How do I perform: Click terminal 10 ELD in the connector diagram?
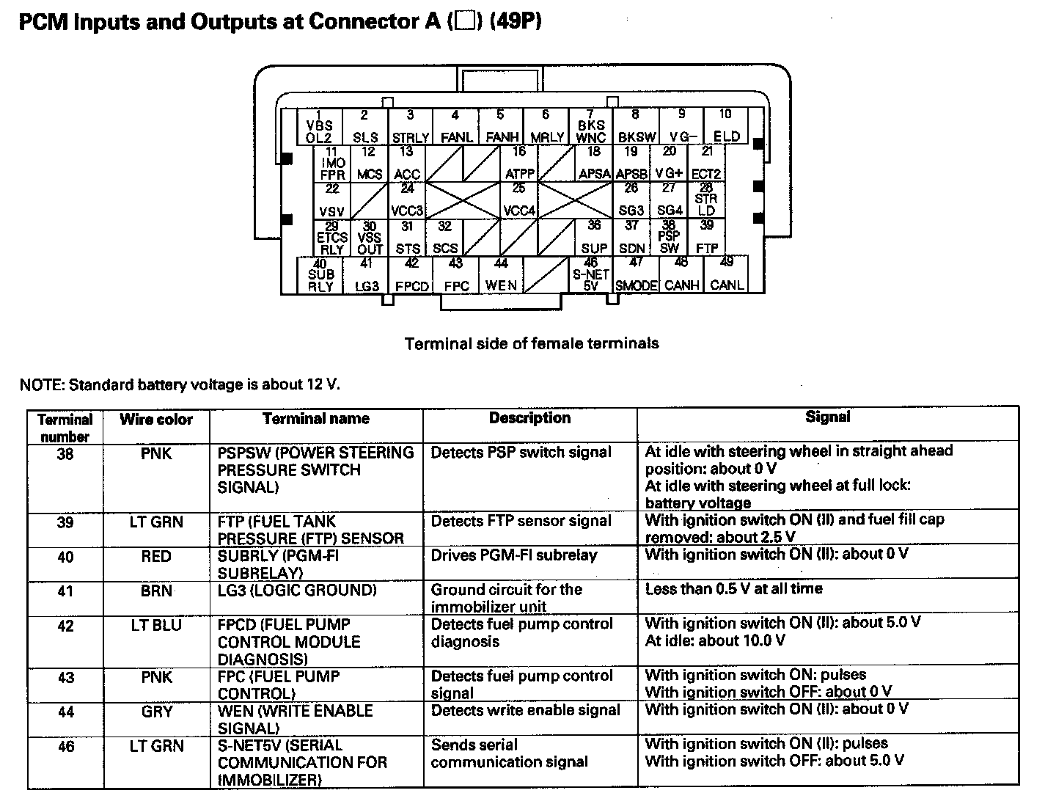[x=725, y=126]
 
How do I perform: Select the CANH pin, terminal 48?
[x=681, y=275]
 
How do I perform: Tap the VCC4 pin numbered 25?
[x=519, y=200]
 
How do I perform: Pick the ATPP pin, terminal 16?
[x=519, y=164]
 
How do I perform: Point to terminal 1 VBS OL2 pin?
[x=319, y=126]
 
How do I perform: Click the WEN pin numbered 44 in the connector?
[x=501, y=275]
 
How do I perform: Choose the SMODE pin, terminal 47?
[x=636, y=275]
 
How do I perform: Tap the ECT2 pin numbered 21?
[x=706, y=164]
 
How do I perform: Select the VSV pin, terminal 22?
[x=332, y=200]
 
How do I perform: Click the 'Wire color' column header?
[x=156, y=420]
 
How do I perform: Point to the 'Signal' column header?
[x=827, y=417]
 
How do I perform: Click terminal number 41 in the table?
[x=65, y=591]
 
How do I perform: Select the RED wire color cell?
[x=156, y=557]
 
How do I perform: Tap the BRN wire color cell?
[x=156, y=591]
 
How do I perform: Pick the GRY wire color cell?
[x=156, y=711]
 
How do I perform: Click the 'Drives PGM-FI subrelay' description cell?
[x=514, y=555]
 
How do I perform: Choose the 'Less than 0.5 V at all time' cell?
[x=733, y=588]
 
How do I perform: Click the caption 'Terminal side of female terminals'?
[x=532, y=343]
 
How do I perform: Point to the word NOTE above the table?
[x=40, y=384]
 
